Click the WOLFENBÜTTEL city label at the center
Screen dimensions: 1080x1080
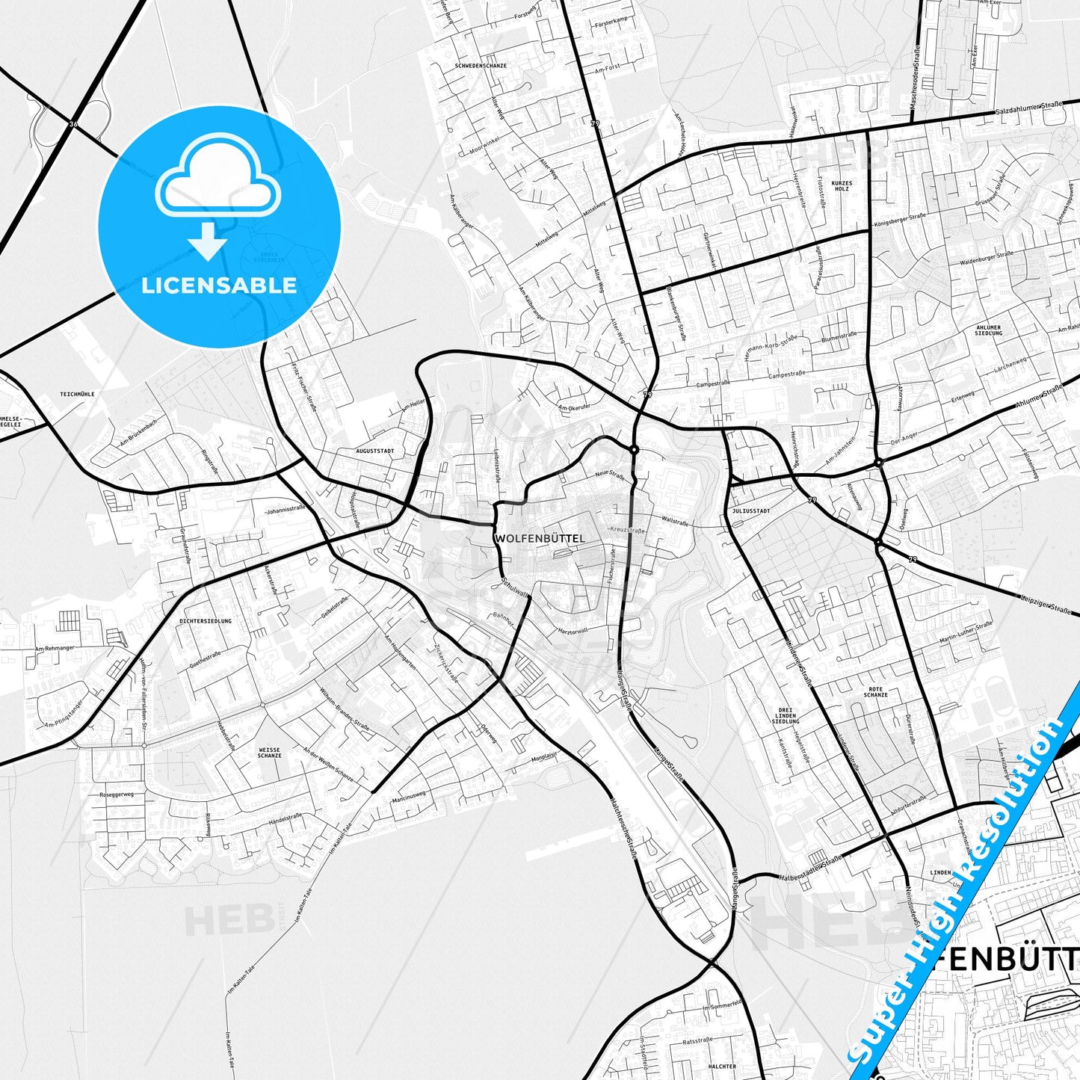540,538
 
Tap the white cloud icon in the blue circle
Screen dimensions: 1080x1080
218,178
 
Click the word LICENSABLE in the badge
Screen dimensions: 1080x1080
219,285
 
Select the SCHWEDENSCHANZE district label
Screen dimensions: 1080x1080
481,66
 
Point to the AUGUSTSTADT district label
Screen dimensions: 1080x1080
374,451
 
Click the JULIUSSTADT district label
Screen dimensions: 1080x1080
747,512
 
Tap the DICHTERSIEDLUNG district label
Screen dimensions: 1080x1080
206,621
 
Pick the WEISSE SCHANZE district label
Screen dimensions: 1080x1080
270,753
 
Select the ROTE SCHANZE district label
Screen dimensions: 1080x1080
875,692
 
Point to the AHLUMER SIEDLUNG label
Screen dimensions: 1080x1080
988,330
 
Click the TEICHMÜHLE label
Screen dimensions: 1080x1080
78,394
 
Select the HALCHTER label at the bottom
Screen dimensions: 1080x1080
721,1067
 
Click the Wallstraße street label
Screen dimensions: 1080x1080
674,520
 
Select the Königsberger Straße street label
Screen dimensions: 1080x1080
900,221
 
